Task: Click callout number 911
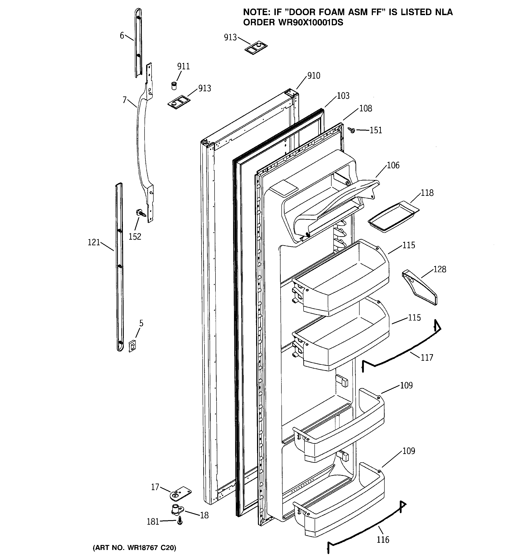pos(183,66)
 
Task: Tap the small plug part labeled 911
pos(174,85)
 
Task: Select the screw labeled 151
pos(351,130)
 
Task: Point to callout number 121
pos(94,242)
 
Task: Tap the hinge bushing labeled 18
pos(176,510)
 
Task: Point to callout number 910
pos(314,76)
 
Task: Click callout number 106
pos(393,165)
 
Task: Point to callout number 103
pos(343,96)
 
